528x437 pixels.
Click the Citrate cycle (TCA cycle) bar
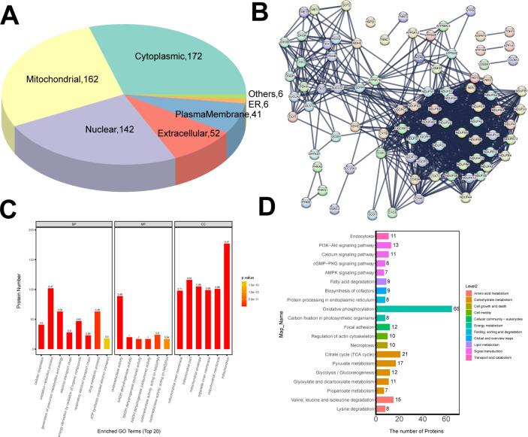coord(388,354)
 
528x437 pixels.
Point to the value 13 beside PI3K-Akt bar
coord(397,245)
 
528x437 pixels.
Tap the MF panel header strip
coord(141,223)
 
